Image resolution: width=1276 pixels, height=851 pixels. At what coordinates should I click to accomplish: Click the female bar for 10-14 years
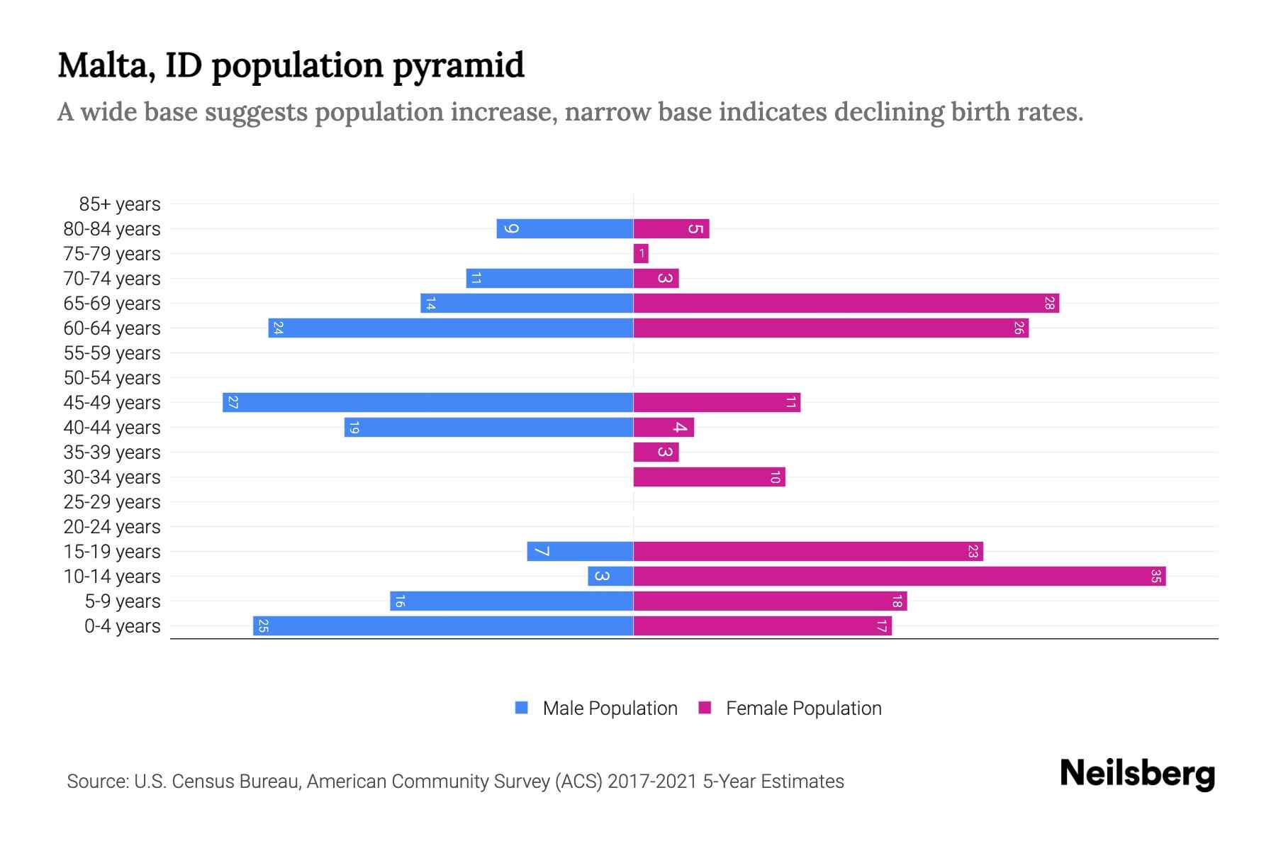pos(899,577)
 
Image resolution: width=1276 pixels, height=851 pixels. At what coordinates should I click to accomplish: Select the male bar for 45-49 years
pos(427,403)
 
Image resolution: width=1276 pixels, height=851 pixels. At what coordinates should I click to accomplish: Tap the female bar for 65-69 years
pos(846,304)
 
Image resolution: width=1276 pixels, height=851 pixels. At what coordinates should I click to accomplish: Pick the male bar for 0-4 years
pos(443,626)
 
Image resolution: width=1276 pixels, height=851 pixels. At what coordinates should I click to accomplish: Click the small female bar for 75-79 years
pos(641,254)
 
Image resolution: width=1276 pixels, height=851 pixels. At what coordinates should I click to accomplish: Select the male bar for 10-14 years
pos(610,577)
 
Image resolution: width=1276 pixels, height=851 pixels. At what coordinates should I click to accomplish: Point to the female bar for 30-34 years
pos(709,477)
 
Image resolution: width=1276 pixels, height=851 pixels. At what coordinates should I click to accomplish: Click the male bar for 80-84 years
pos(565,229)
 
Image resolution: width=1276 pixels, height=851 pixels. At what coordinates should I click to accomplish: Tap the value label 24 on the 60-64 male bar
pos(279,328)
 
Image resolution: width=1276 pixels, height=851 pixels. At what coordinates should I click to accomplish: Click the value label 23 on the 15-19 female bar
pos(973,552)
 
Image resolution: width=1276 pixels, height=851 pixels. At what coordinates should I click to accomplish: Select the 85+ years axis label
pos(119,204)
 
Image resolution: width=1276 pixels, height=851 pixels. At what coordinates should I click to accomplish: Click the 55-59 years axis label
pos(112,353)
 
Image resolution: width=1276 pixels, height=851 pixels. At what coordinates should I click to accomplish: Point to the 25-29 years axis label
pos(112,502)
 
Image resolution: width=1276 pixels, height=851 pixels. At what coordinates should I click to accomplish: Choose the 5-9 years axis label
pos(122,601)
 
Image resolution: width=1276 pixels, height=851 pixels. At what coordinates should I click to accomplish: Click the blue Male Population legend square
pos(522,708)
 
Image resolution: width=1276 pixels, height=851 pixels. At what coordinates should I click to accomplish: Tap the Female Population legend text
pos(803,708)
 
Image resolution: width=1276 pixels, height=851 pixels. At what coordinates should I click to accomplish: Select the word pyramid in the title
pos(458,65)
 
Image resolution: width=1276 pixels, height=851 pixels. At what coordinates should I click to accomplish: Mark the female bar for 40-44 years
pos(664,428)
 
